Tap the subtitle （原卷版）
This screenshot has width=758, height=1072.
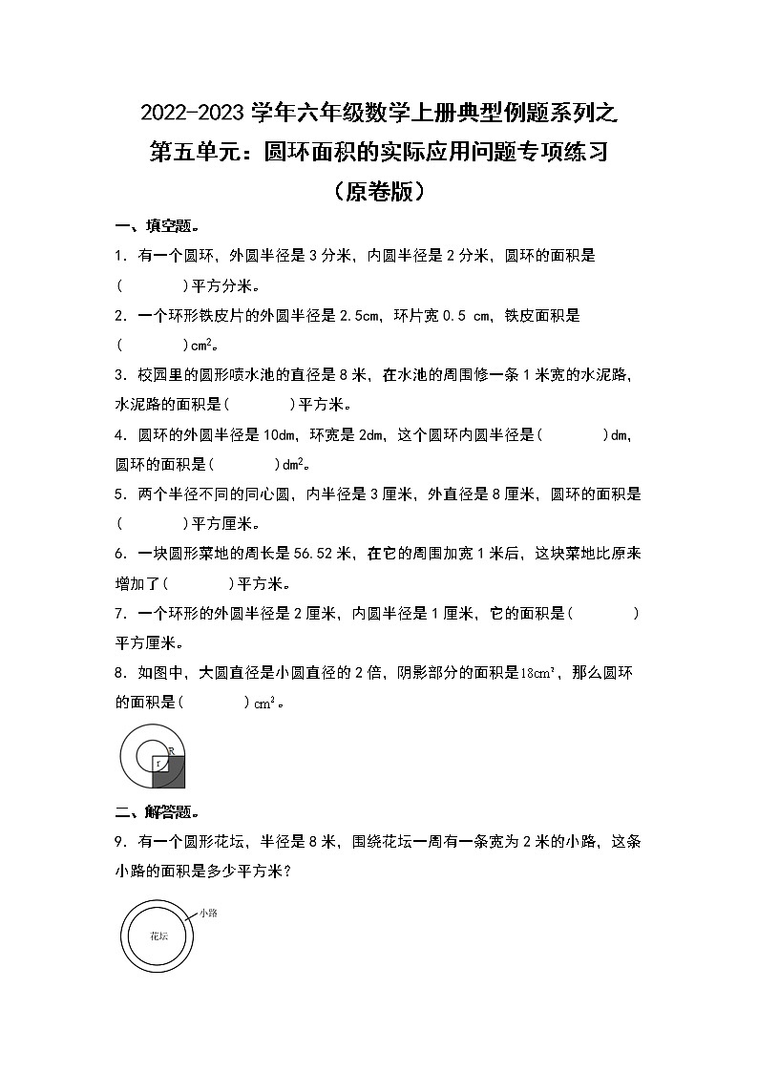pyautogui.click(x=379, y=192)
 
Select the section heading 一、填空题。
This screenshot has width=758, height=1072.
pyautogui.click(x=157, y=226)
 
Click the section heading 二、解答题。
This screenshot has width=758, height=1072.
pyautogui.click(x=157, y=812)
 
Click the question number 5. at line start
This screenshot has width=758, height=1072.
pyautogui.click(x=120, y=494)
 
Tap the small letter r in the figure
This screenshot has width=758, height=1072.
pyautogui.click(x=158, y=764)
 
